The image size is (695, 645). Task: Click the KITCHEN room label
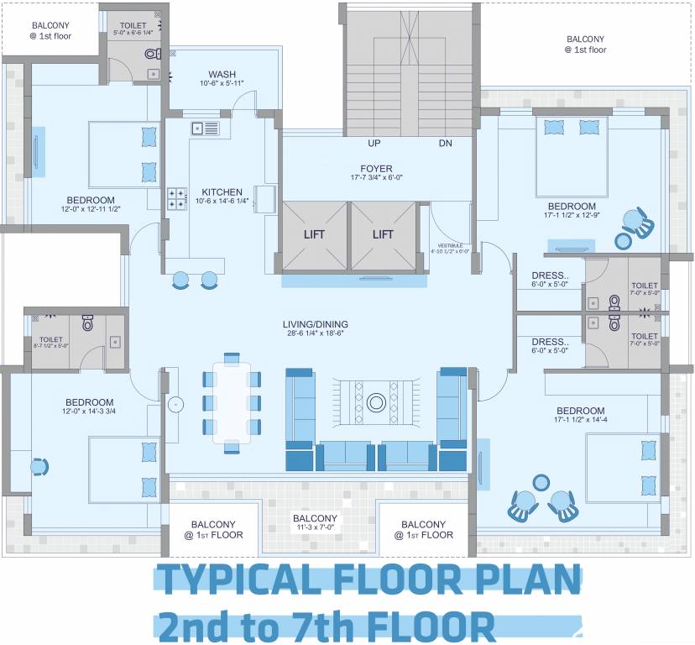tap(222, 192)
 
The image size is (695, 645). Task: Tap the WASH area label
tap(222, 74)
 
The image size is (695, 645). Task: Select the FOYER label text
tap(377, 169)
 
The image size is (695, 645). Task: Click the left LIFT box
tap(313, 235)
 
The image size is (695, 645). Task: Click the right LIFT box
tap(384, 235)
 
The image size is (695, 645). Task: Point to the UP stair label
tap(375, 143)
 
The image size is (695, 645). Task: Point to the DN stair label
tap(445, 143)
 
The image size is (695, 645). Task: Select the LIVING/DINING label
tap(315, 324)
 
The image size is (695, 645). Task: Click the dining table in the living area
tap(231, 402)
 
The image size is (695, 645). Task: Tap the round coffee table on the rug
tap(377, 401)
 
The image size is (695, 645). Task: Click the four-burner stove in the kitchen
tap(178, 199)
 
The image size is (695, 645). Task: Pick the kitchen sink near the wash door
tap(205, 128)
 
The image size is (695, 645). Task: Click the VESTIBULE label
tap(450, 245)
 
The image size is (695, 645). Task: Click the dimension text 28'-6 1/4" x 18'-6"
tap(315, 333)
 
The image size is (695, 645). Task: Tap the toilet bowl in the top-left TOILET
tap(152, 54)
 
